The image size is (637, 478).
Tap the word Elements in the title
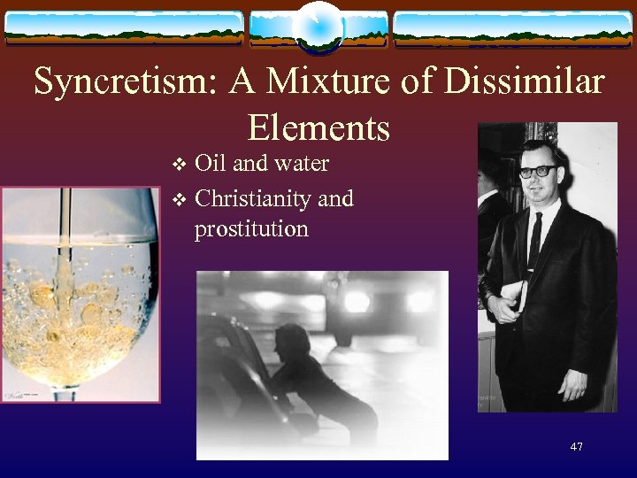[318, 128]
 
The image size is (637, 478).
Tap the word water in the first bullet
[301, 164]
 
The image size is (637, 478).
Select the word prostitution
[251, 229]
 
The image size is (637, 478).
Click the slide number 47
[576, 447]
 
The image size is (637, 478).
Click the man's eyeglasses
[538, 171]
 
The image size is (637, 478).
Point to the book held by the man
[518, 297]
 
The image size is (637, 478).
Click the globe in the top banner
[318, 27]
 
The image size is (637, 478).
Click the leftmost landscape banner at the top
[124, 28]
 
